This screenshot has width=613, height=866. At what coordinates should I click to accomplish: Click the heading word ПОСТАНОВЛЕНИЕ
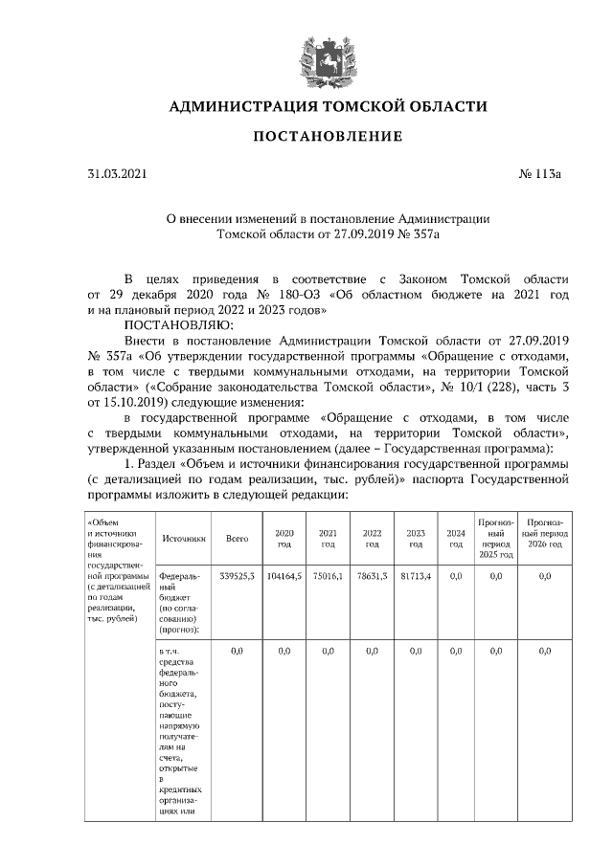click(328, 137)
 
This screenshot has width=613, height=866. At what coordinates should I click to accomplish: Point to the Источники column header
click(182, 539)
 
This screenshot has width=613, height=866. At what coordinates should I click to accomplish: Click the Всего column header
click(237, 539)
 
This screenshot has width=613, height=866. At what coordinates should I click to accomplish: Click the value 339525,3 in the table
click(237, 576)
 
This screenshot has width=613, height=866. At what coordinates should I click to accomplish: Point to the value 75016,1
click(328, 576)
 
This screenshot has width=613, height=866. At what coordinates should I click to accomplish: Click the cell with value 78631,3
click(372, 576)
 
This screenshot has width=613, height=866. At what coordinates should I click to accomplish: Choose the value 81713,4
click(416, 576)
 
